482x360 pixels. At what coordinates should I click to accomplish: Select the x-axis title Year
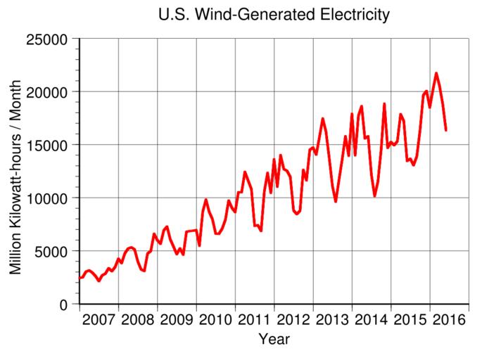pyautogui.click(x=274, y=340)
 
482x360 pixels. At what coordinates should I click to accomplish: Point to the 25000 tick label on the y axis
pyautogui.click(x=48, y=39)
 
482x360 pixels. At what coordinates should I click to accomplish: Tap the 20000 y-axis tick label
pyautogui.click(x=48, y=92)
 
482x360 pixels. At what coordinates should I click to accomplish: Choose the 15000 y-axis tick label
pyautogui.click(x=48, y=145)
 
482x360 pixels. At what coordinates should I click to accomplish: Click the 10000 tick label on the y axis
pyautogui.click(x=48, y=198)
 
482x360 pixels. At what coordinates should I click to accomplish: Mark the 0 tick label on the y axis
pyautogui.click(x=64, y=304)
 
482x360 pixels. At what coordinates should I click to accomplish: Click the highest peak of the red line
pyautogui.click(x=436, y=73)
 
